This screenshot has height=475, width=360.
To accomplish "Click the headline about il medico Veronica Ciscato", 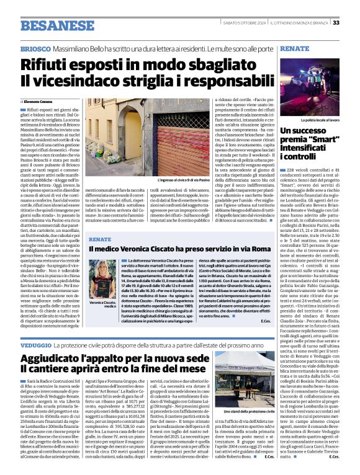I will [180, 249].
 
